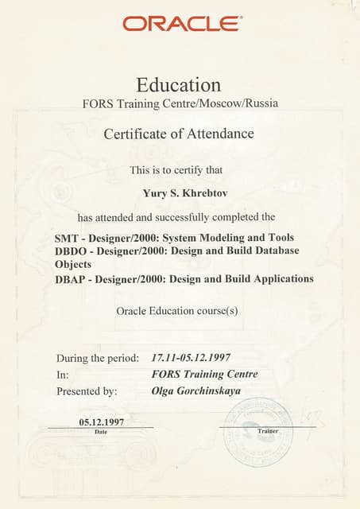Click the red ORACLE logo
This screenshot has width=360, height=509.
pyautogui.click(x=183, y=23)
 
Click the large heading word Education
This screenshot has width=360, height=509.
pyautogui.click(x=179, y=84)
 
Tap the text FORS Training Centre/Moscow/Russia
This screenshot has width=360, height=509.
pyautogui.click(x=180, y=103)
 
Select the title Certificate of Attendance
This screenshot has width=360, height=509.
pyautogui.click(x=179, y=134)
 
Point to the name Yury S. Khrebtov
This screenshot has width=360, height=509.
pyautogui.click(x=180, y=191)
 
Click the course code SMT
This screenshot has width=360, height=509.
pyautogui.click(x=67, y=238)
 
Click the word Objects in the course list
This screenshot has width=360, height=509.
pyautogui.click(x=73, y=265)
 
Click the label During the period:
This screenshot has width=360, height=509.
pyautogui.click(x=98, y=358)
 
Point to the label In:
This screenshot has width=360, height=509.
pyautogui.click(x=62, y=375)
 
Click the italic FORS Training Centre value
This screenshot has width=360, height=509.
pyautogui.click(x=204, y=375)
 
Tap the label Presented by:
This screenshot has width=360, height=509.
pyautogui.click(x=87, y=391)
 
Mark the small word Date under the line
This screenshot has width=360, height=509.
pyautogui.click(x=101, y=431)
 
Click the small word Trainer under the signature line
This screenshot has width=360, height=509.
pyautogui.click(x=268, y=430)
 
